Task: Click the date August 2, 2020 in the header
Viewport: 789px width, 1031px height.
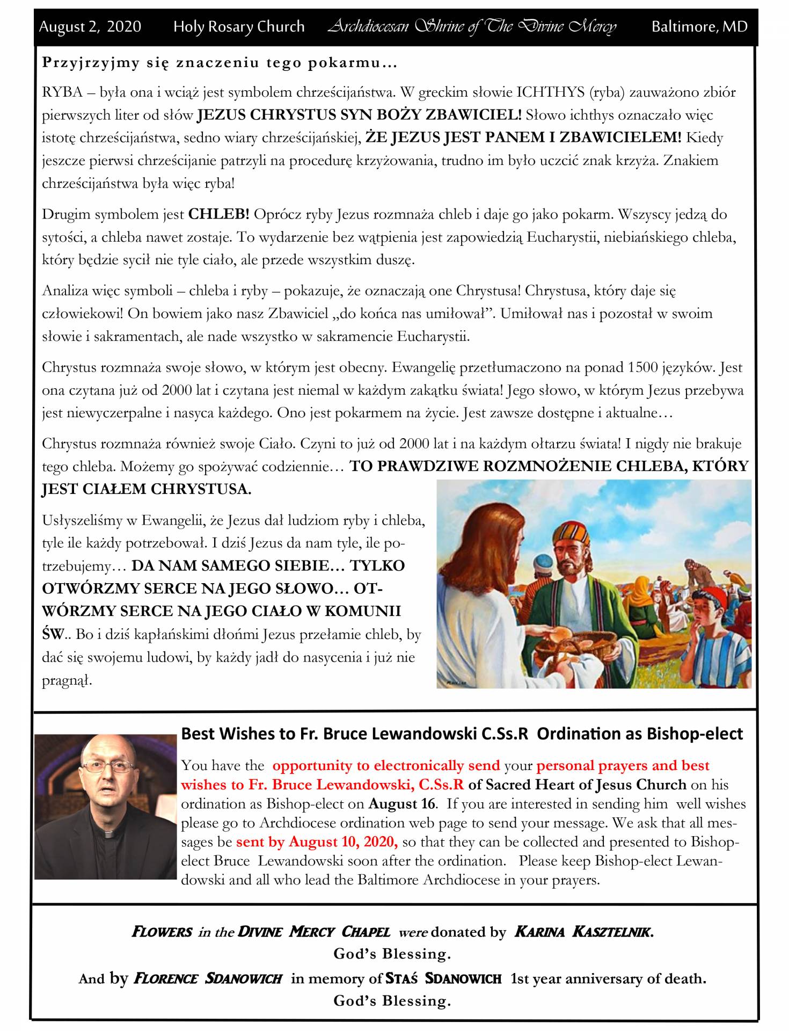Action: coord(90,27)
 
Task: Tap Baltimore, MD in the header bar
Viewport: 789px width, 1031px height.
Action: coord(699,27)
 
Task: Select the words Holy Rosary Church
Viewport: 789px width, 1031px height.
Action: coord(239,27)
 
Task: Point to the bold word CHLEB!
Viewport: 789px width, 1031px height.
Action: coord(218,215)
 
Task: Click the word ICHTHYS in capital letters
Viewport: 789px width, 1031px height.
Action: coord(550,92)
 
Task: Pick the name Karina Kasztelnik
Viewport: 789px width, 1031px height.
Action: coord(583,932)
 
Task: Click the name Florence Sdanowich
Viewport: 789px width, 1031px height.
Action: coord(208,978)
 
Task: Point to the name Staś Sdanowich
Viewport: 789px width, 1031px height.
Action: coord(443,978)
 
